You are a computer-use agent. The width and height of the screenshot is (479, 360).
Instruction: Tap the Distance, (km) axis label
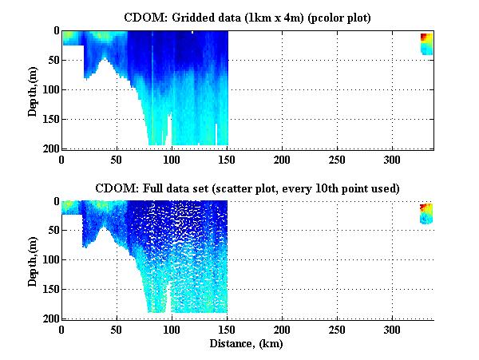(x=247, y=344)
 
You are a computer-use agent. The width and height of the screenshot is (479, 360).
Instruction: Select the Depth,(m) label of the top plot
(x=33, y=89)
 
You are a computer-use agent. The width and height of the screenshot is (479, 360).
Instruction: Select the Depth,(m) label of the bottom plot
(x=33, y=260)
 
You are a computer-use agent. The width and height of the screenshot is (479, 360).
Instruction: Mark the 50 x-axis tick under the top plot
(x=117, y=159)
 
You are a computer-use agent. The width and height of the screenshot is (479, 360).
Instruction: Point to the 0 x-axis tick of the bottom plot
(x=62, y=330)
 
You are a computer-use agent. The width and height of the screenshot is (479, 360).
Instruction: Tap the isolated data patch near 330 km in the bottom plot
(x=426, y=213)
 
